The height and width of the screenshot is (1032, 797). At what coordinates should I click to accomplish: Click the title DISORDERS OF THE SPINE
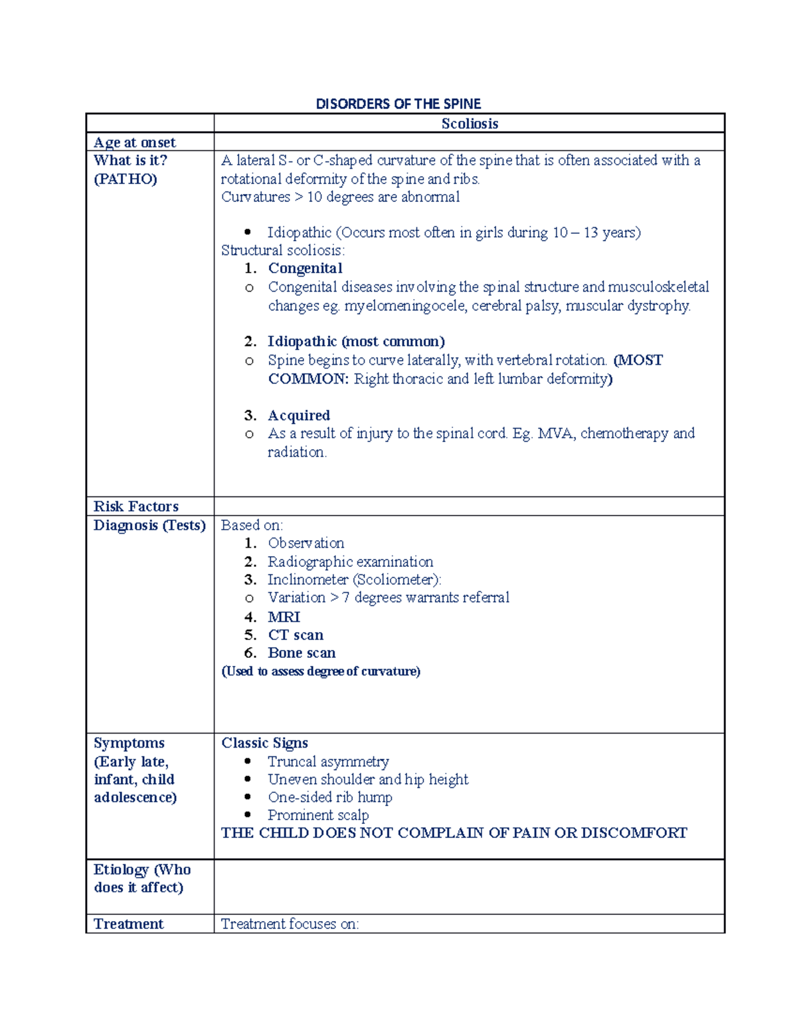pyautogui.click(x=398, y=104)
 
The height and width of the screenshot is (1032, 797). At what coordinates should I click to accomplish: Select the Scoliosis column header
pyautogui.click(x=470, y=124)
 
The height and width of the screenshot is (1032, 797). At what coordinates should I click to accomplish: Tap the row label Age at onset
pyautogui.click(x=135, y=142)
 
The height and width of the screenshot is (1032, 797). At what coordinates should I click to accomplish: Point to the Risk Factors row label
pyautogui.click(x=136, y=506)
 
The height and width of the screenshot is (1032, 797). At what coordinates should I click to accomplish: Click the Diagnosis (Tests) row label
pyautogui.click(x=149, y=525)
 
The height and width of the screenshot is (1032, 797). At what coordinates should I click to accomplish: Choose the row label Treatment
pyautogui.click(x=129, y=924)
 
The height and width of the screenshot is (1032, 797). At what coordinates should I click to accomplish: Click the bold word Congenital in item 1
pyautogui.click(x=305, y=268)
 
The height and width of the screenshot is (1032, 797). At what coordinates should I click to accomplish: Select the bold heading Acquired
pyautogui.click(x=299, y=415)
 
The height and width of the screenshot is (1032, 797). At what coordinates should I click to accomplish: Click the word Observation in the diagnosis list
pyautogui.click(x=306, y=543)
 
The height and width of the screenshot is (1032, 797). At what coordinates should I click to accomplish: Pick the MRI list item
pyautogui.click(x=284, y=617)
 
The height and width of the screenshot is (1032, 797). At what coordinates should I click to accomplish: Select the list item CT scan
pyautogui.click(x=296, y=635)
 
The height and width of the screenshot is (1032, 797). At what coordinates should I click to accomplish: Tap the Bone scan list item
pyautogui.click(x=302, y=653)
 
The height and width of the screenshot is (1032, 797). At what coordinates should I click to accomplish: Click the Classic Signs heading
pyautogui.click(x=264, y=743)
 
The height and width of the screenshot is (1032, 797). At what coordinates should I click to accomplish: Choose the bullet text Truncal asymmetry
pyautogui.click(x=328, y=762)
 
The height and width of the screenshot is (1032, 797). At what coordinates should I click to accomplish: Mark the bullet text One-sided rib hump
pyautogui.click(x=330, y=797)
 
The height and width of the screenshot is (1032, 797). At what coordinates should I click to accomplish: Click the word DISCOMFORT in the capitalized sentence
pyautogui.click(x=634, y=833)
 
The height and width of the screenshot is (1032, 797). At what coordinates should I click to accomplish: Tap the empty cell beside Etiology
pyautogui.click(x=469, y=886)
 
